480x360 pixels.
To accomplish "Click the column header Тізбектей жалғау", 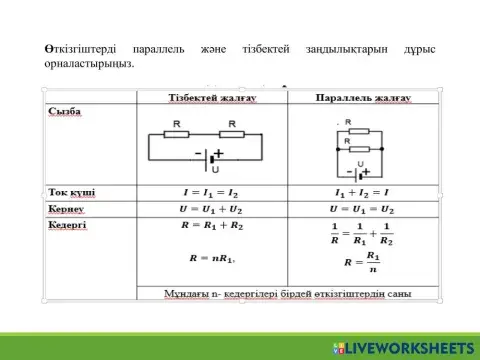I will click(x=212, y=97).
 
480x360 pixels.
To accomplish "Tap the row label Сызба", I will click(x=65, y=111).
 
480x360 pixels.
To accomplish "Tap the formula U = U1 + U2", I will click(x=212, y=210).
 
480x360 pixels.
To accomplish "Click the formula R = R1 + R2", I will click(x=212, y=227).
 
